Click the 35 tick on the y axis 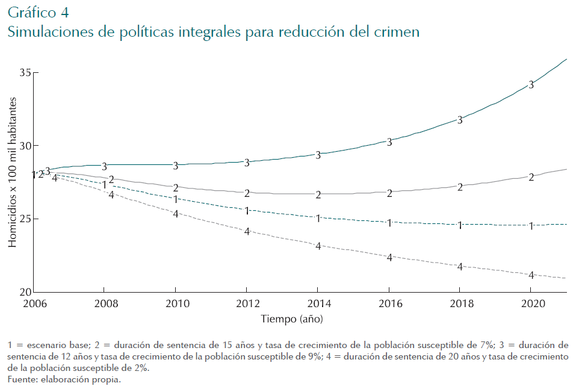point(25,73)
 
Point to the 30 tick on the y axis point(25,146)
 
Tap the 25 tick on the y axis point(25,219)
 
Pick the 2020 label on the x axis point(530,303)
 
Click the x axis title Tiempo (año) point(296,318)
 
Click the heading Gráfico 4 point(38,11)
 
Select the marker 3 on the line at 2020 point(531,85)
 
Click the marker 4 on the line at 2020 point(531,275)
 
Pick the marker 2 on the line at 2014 point(318,195)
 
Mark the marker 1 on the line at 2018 point(460,225)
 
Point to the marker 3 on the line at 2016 point(389,142)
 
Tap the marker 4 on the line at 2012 point(247,231)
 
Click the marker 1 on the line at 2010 point(176,199)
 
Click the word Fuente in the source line point(21,380)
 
